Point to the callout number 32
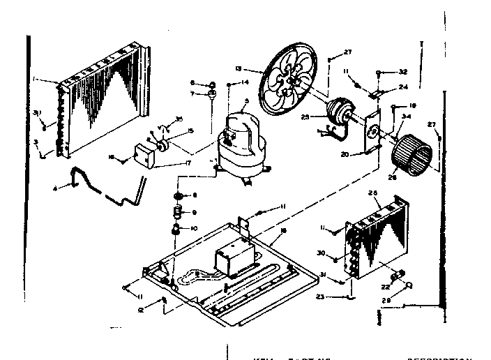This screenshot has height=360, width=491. (x=402, y=72)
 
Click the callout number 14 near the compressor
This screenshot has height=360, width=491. (x=245, y=82)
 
